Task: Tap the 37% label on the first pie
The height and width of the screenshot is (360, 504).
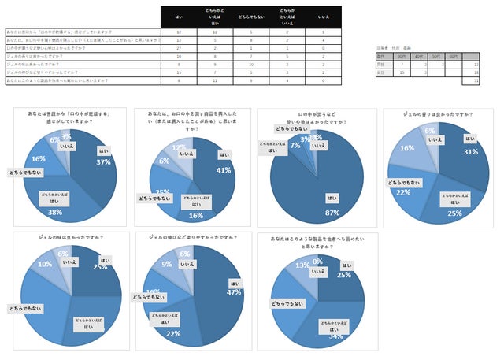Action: (103, 162)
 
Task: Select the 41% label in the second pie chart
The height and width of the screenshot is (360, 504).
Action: (224, 169)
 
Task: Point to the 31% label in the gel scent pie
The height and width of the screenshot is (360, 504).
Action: (471, 151)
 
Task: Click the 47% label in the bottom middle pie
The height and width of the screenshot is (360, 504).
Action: (234, 291)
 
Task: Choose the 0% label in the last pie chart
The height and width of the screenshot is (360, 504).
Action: (318, 261)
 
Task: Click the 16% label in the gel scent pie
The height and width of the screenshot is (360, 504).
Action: (406, 147)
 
